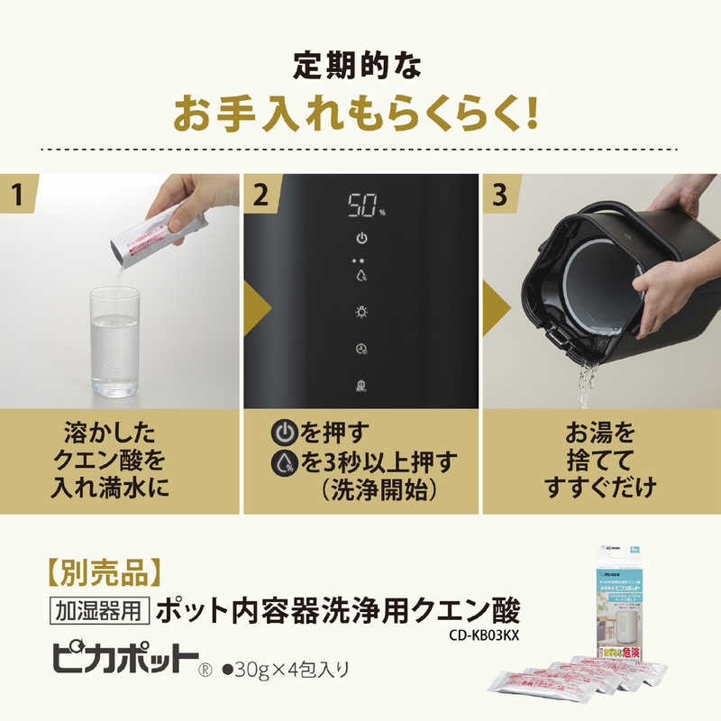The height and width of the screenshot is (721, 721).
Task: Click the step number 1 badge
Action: click(x=20, y=194)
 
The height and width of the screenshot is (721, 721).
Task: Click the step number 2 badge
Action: click(x=263, y=194)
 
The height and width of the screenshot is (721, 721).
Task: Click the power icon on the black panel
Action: click(x=361, y=239)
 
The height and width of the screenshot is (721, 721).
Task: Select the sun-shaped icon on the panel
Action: click(x=361, y=312)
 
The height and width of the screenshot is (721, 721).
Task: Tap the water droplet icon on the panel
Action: click(x=361, y=276)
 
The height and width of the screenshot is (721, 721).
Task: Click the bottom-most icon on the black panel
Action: click(x=361, y=385)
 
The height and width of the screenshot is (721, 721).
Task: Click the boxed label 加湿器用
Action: click(x=96, y=612)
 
